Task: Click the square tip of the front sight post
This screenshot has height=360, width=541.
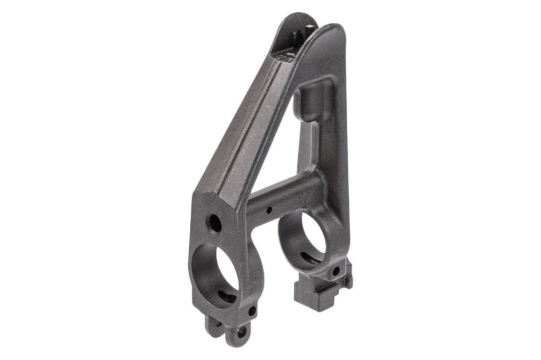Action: click(298, 34)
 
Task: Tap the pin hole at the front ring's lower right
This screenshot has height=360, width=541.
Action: click(252, 310)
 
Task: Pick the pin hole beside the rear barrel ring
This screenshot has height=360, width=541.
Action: click(335, 271)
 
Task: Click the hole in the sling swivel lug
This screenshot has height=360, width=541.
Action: click(241, 332)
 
